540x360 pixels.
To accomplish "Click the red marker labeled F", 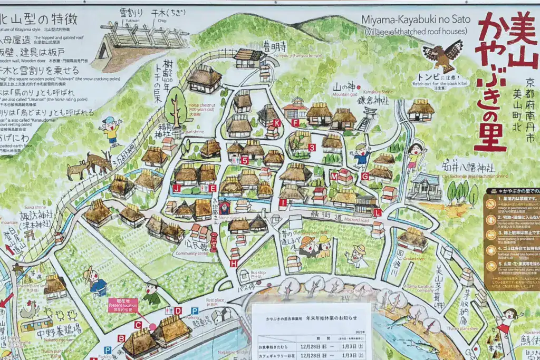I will coord(295,123).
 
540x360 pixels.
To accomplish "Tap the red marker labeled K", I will coord(277,123).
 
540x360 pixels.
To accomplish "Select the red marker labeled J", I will coord(177,188).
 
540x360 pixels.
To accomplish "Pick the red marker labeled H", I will coord(234,263).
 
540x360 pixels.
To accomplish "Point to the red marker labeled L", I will coord(377,212).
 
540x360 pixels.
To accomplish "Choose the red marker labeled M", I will coord(334,177).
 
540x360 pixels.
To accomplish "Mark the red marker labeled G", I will coord(365,176).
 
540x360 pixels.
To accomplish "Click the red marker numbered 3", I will coord(312,148).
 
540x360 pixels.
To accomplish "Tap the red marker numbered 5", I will coord(245,160).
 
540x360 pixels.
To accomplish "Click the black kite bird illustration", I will coord(442,54).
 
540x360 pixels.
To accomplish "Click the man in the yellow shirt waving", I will coord(111,130).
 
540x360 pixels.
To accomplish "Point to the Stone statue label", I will coord(224,216).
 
